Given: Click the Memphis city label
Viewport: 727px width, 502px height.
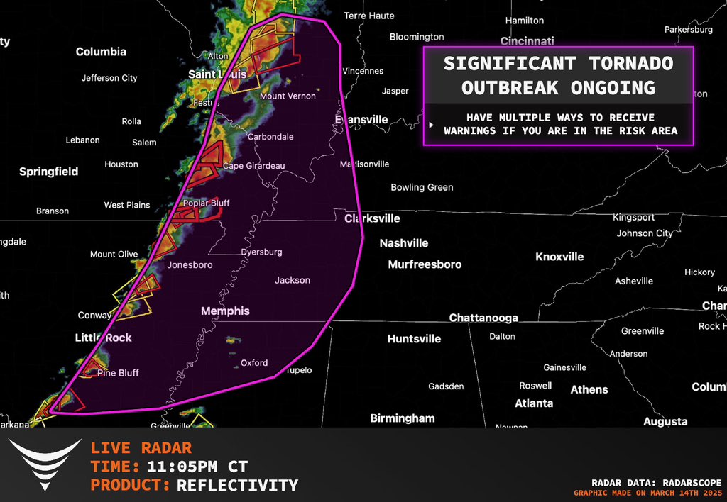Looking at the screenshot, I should click(x=225, y=311).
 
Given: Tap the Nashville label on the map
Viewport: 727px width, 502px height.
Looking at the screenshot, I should click(x=403, y=243).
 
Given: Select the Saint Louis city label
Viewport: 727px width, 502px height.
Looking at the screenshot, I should click(x=217, y=74).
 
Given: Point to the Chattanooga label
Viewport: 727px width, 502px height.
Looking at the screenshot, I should click(x=483, y=318).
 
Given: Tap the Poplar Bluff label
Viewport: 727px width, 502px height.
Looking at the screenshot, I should click(x=206, y=203).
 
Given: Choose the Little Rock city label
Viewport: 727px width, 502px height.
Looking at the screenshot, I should click(x=104, y=338).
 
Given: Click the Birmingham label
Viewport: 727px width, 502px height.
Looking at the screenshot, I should click(x=403, y=418).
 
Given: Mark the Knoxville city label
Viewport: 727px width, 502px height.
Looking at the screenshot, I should click(x=559, y=257).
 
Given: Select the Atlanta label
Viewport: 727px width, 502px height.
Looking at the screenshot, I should click(x=534, y=403).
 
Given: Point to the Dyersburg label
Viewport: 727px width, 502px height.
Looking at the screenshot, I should click(x=261, y=252).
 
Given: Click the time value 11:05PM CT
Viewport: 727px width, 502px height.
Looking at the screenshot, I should click(x=197, y=467).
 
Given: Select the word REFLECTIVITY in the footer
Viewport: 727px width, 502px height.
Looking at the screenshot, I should click(x=237, y=486).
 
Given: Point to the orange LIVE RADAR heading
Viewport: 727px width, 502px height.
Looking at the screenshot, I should click(x=141, y=448).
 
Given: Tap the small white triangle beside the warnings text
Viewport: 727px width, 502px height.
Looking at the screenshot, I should click(x=430, y=124).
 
